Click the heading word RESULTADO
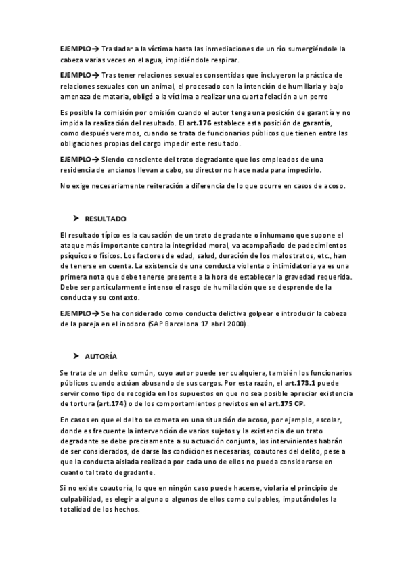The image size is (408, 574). click(x=106, y=219)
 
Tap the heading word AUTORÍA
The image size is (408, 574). click(x=101, y=356)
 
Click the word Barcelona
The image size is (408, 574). click(x=177, y=324)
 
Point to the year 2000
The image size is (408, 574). click(x=236, y=324)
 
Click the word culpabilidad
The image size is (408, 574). click(x=83, y=499)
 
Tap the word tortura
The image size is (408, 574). click(x=76, y=403)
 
